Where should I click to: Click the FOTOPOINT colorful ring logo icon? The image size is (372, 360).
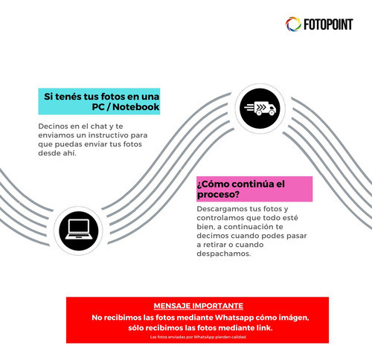[293, 25]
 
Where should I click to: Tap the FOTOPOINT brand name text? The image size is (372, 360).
[328, 25]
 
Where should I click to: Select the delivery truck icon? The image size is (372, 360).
[260, 109]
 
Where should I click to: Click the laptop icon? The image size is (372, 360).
[79, 229]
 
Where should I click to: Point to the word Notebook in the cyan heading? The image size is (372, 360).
[135, 107]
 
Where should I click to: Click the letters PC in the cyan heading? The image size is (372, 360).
[98, 107]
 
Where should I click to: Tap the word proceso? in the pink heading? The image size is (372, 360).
[218, 195]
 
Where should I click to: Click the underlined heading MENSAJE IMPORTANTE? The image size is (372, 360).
[199, 306]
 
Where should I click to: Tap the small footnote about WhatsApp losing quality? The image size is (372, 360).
[199, 337]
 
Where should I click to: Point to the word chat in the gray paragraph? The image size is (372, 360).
[99, 126]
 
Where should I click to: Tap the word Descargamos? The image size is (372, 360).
[222, 209]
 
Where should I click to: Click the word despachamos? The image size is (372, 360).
[224, 254]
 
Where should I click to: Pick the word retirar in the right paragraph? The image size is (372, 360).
[215, 245]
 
